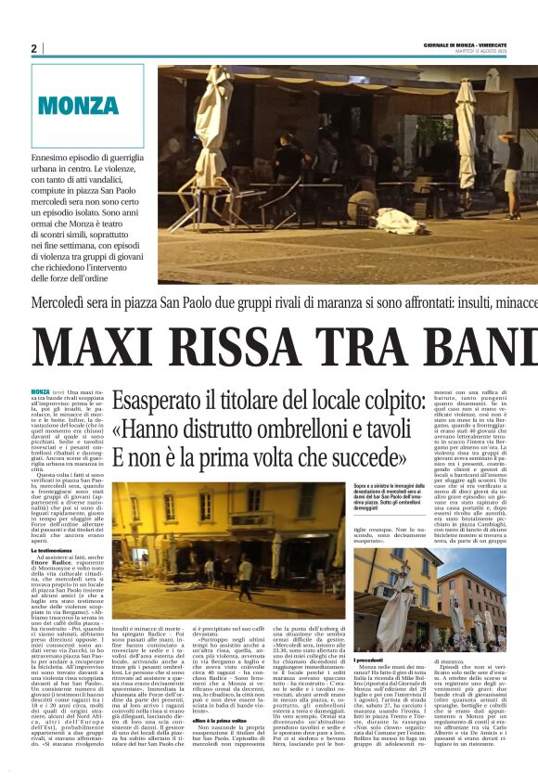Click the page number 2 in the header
(34, 48)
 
